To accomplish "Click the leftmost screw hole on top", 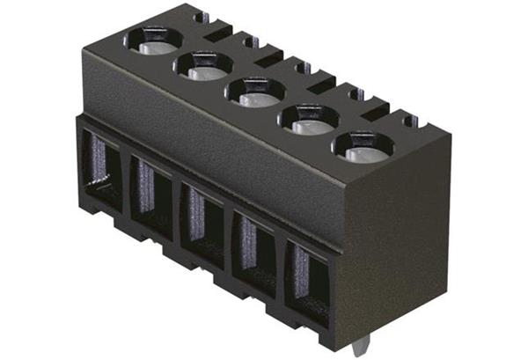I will [x=152, y=39].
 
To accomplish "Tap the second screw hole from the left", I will [x=203, y=64].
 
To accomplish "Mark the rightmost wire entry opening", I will [x=307, y=276].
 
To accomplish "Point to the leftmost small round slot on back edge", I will [x=202, y=17].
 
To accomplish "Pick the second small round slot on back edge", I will [x=251, y=40].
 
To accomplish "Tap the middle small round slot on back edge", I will [x=300, y=66].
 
